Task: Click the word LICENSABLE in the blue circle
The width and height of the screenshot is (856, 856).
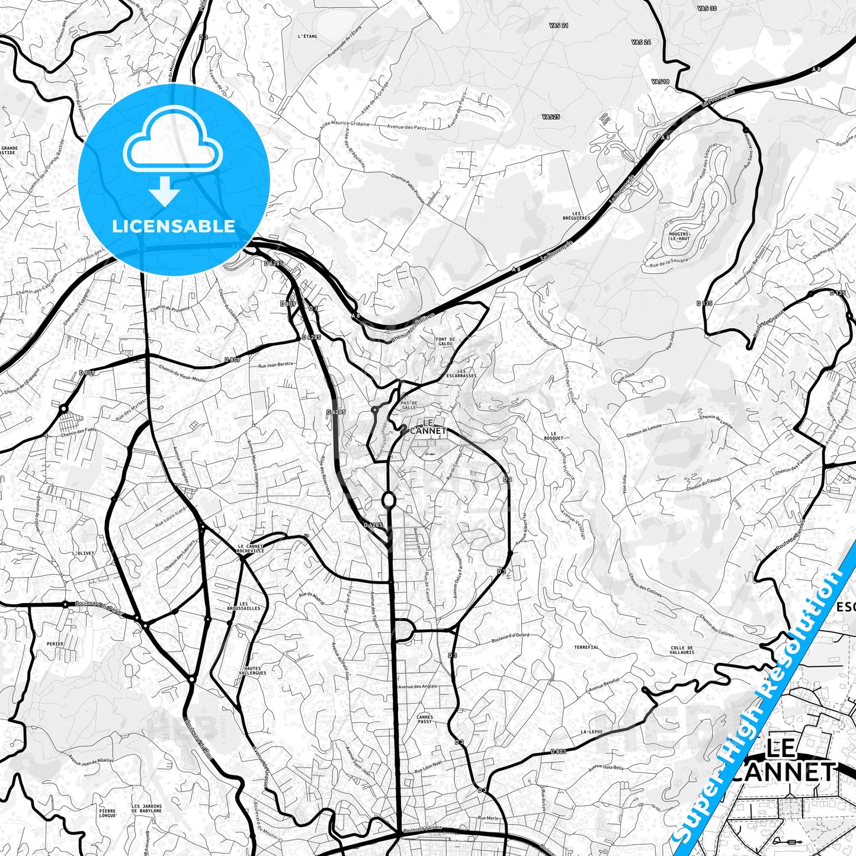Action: click(x=174, y=226)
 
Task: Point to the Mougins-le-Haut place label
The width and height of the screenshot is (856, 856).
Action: click(x=679, y=236)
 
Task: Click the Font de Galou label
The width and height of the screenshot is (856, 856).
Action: click(x=444, y=342)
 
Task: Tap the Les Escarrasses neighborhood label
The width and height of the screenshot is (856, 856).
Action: click(x=462, y=373)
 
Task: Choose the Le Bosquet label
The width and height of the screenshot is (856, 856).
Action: click(x=556, y=435)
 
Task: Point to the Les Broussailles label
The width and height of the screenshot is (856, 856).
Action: click(x=243, y=606)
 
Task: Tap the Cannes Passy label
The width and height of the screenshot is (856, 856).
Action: click(x=425, y=719)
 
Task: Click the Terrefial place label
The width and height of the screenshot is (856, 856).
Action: click(x=586, y=647)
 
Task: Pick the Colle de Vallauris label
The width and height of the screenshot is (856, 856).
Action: click(x=682, y=650)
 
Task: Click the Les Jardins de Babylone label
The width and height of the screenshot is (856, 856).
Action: click(x=146, y=808)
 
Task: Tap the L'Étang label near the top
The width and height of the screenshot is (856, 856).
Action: click(x=307, y=36)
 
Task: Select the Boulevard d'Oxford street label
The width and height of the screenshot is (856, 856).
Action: click(x=510, y=638)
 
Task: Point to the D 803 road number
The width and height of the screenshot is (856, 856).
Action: click(x=558, y=751)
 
